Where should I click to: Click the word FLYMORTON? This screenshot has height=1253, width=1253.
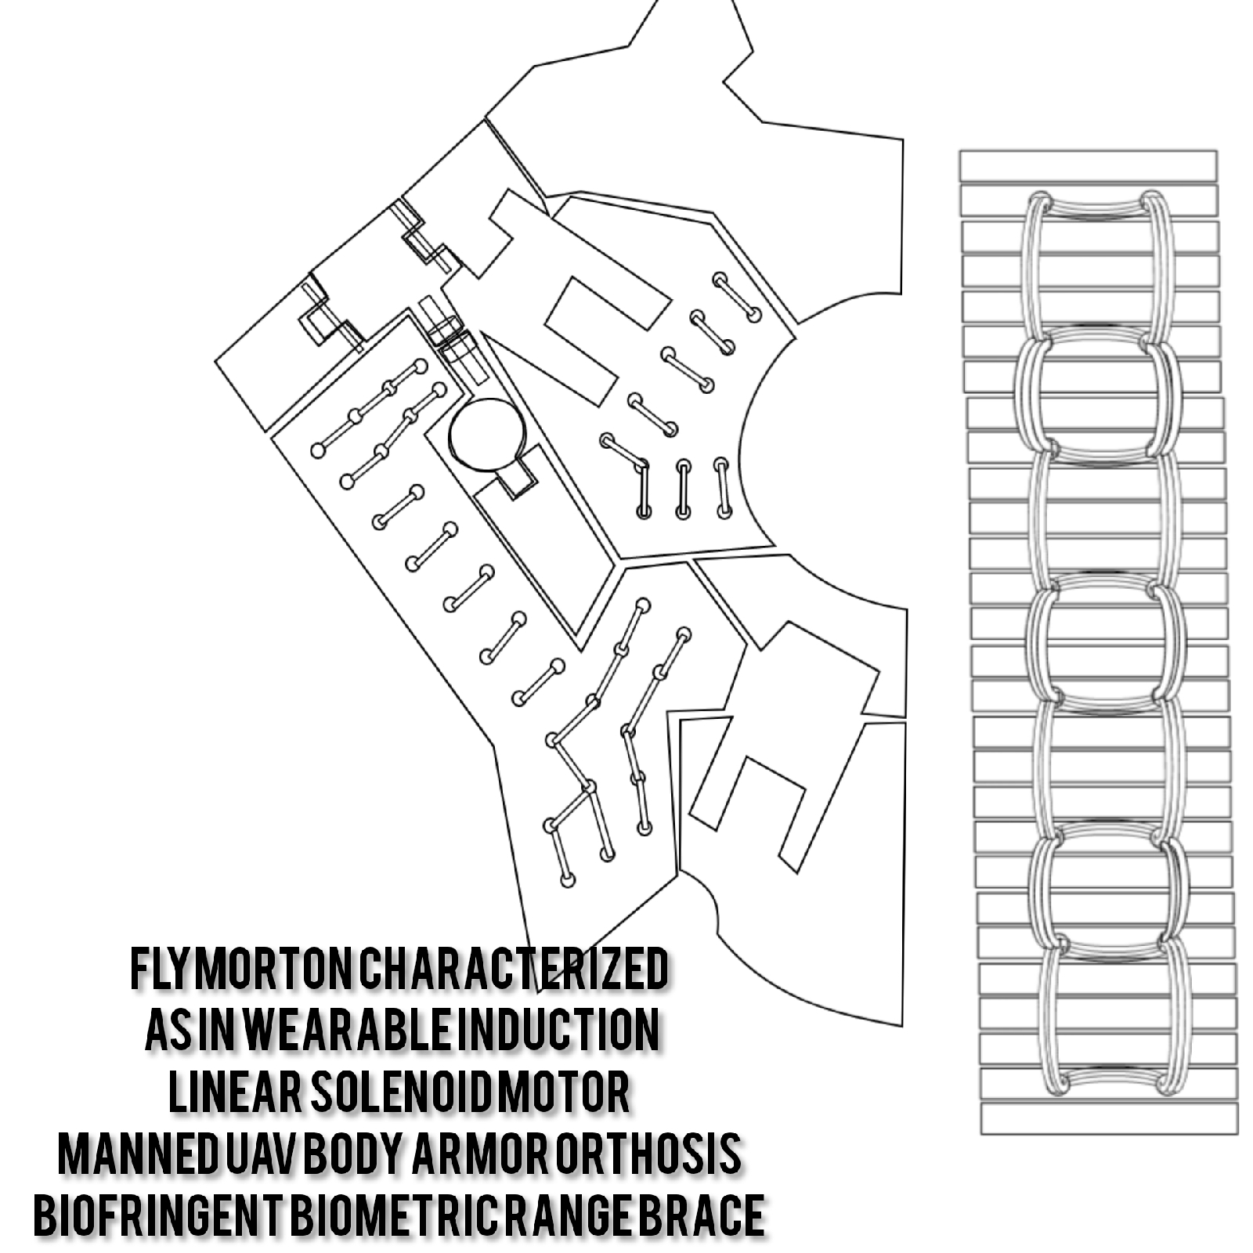click(240, 970)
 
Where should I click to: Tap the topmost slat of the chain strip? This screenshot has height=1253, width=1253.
click(1089, 166)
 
